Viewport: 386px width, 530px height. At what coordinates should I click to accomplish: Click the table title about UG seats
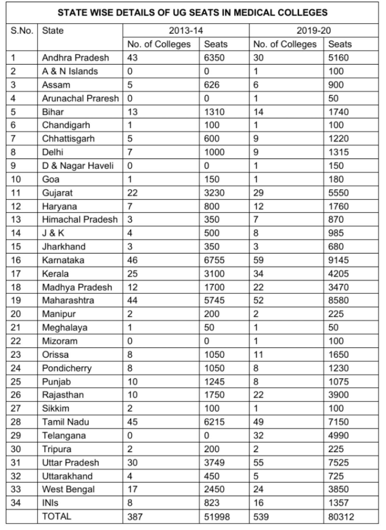[x=192, y=13]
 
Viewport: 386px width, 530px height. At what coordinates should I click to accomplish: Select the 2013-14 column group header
[x=186, y=31]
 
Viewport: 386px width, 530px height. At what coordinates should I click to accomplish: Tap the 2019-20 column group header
[x=314, y=31]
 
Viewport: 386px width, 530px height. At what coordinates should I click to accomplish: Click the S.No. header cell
[x=22, y=31]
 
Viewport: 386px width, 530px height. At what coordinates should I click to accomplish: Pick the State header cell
[x=53, y=31]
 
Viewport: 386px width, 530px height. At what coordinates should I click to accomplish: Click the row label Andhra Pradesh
[x=75, y=58]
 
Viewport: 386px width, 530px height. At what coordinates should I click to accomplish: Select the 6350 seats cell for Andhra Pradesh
[x=214, y=58]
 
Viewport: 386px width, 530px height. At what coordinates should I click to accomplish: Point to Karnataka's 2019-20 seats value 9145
[x=338, y=260]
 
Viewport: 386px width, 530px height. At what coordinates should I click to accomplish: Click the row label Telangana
[x=64, y=436]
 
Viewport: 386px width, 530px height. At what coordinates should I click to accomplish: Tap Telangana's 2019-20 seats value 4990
[x=338, y=436]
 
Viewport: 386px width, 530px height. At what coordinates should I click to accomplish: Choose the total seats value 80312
[x=341, y=517]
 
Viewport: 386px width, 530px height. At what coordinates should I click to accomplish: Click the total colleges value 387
[x=135, y=517]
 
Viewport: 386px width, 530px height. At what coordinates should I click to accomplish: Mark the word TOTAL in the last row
[x=56, y=516]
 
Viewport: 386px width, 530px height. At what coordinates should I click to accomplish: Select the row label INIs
[x=50, y=503]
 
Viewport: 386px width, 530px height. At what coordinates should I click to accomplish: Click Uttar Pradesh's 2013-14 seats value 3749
[x=214, y=462]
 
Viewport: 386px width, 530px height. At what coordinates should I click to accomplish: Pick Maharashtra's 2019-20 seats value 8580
[x=338, y=300]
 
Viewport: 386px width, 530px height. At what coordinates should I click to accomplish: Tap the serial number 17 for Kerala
[x=16, y=274]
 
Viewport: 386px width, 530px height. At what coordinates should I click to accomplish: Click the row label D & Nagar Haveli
[x=78, y=166]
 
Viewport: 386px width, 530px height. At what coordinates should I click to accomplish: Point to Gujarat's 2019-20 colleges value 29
[x=258, y=193]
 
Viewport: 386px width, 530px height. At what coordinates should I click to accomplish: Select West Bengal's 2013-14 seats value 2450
[x=214, y=489]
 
